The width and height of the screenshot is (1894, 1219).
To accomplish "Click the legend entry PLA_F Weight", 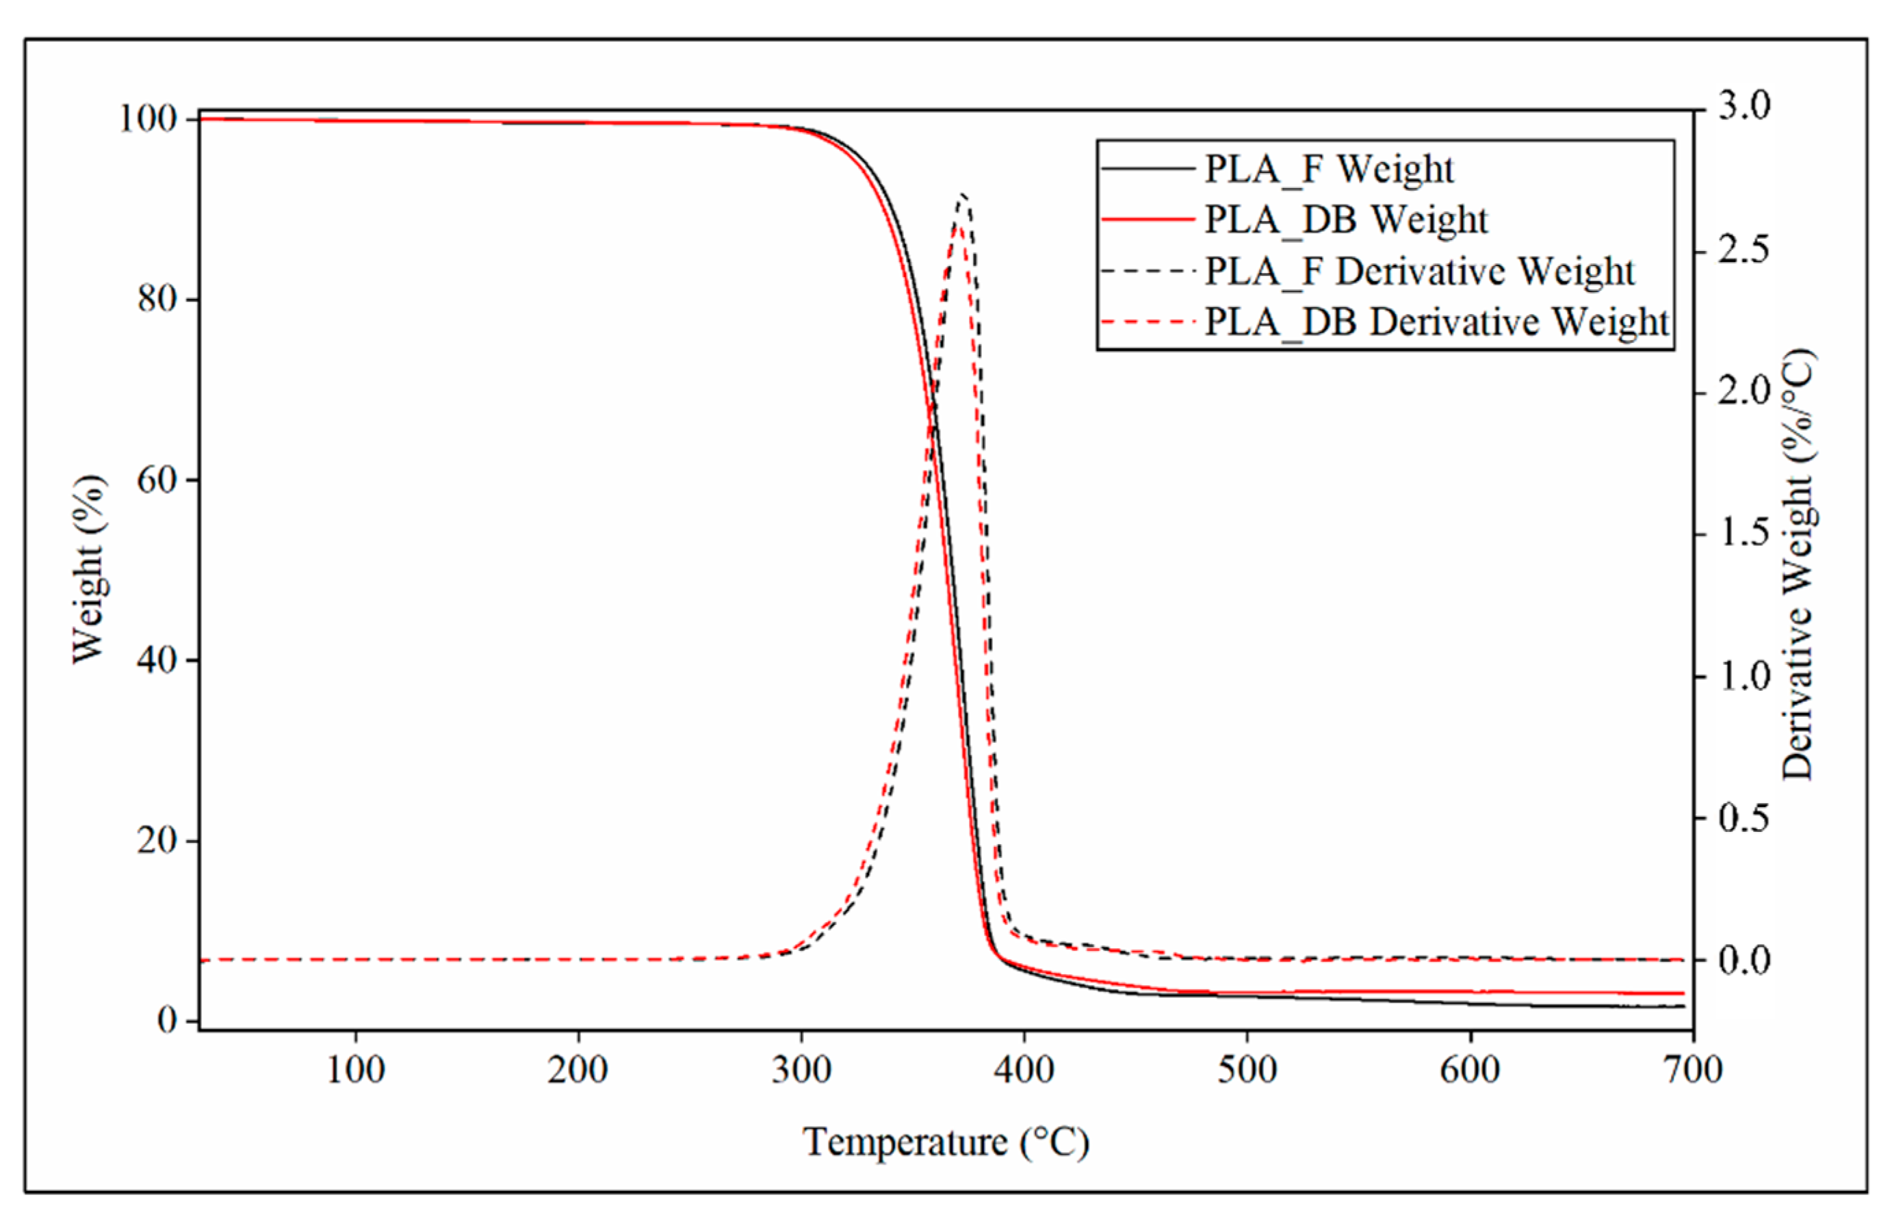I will [x=1329, y=168].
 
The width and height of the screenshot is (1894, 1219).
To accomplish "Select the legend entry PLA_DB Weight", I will [x=1346, y=220].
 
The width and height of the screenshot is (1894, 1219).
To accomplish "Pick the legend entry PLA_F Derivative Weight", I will [x=1419, y=271].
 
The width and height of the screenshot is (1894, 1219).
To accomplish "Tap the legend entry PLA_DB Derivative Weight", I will [x=1436, y=322].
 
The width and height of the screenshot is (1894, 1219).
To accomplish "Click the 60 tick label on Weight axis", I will [x=156, y=479].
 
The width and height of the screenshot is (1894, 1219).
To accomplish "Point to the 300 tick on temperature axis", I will [x=801, y=1070].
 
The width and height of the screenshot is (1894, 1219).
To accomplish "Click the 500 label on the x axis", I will [x=1247, y=1070].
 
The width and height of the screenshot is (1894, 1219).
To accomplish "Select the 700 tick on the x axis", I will [x=1693, y=1070].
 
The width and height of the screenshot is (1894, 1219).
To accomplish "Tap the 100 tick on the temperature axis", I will [x=356, y=1070].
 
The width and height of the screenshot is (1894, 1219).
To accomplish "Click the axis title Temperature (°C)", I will [x=946, y=1142].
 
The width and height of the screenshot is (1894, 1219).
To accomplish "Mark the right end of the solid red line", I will [x=1683, y=993].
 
